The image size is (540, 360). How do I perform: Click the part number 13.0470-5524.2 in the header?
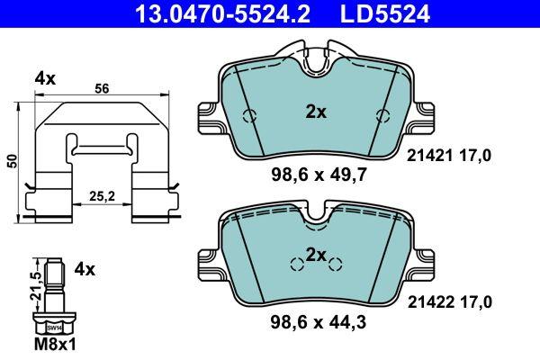(223, 13)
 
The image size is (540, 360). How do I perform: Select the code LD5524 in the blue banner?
(385, 13)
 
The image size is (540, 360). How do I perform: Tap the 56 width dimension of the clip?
(102, 89)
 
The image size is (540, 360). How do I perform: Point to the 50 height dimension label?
(13, 161)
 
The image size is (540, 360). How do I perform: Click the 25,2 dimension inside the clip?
(102, 196)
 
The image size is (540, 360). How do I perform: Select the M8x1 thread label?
(55, 344)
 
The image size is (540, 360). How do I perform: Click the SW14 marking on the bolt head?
(54, 328)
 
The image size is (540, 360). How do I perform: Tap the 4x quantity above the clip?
(45, 79)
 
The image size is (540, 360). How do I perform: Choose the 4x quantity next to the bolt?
(85, 269)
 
